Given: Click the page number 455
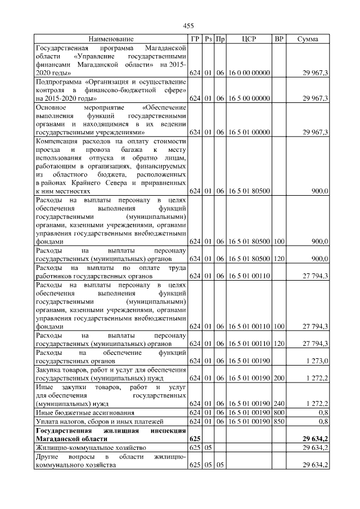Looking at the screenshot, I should [188, 26].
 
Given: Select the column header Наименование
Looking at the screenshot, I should [111, 39].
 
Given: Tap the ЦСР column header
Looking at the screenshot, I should [249, 39].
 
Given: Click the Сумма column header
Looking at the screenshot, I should [308, 39].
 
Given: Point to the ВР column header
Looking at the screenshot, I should [278, 39].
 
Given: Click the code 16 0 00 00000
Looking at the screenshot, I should [249, 73].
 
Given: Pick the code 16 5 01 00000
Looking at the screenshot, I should [249, 132].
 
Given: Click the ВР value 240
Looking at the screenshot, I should [278, 404].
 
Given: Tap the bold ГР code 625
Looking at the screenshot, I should [195, 438].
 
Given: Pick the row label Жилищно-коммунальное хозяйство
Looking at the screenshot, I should [91, 447].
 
